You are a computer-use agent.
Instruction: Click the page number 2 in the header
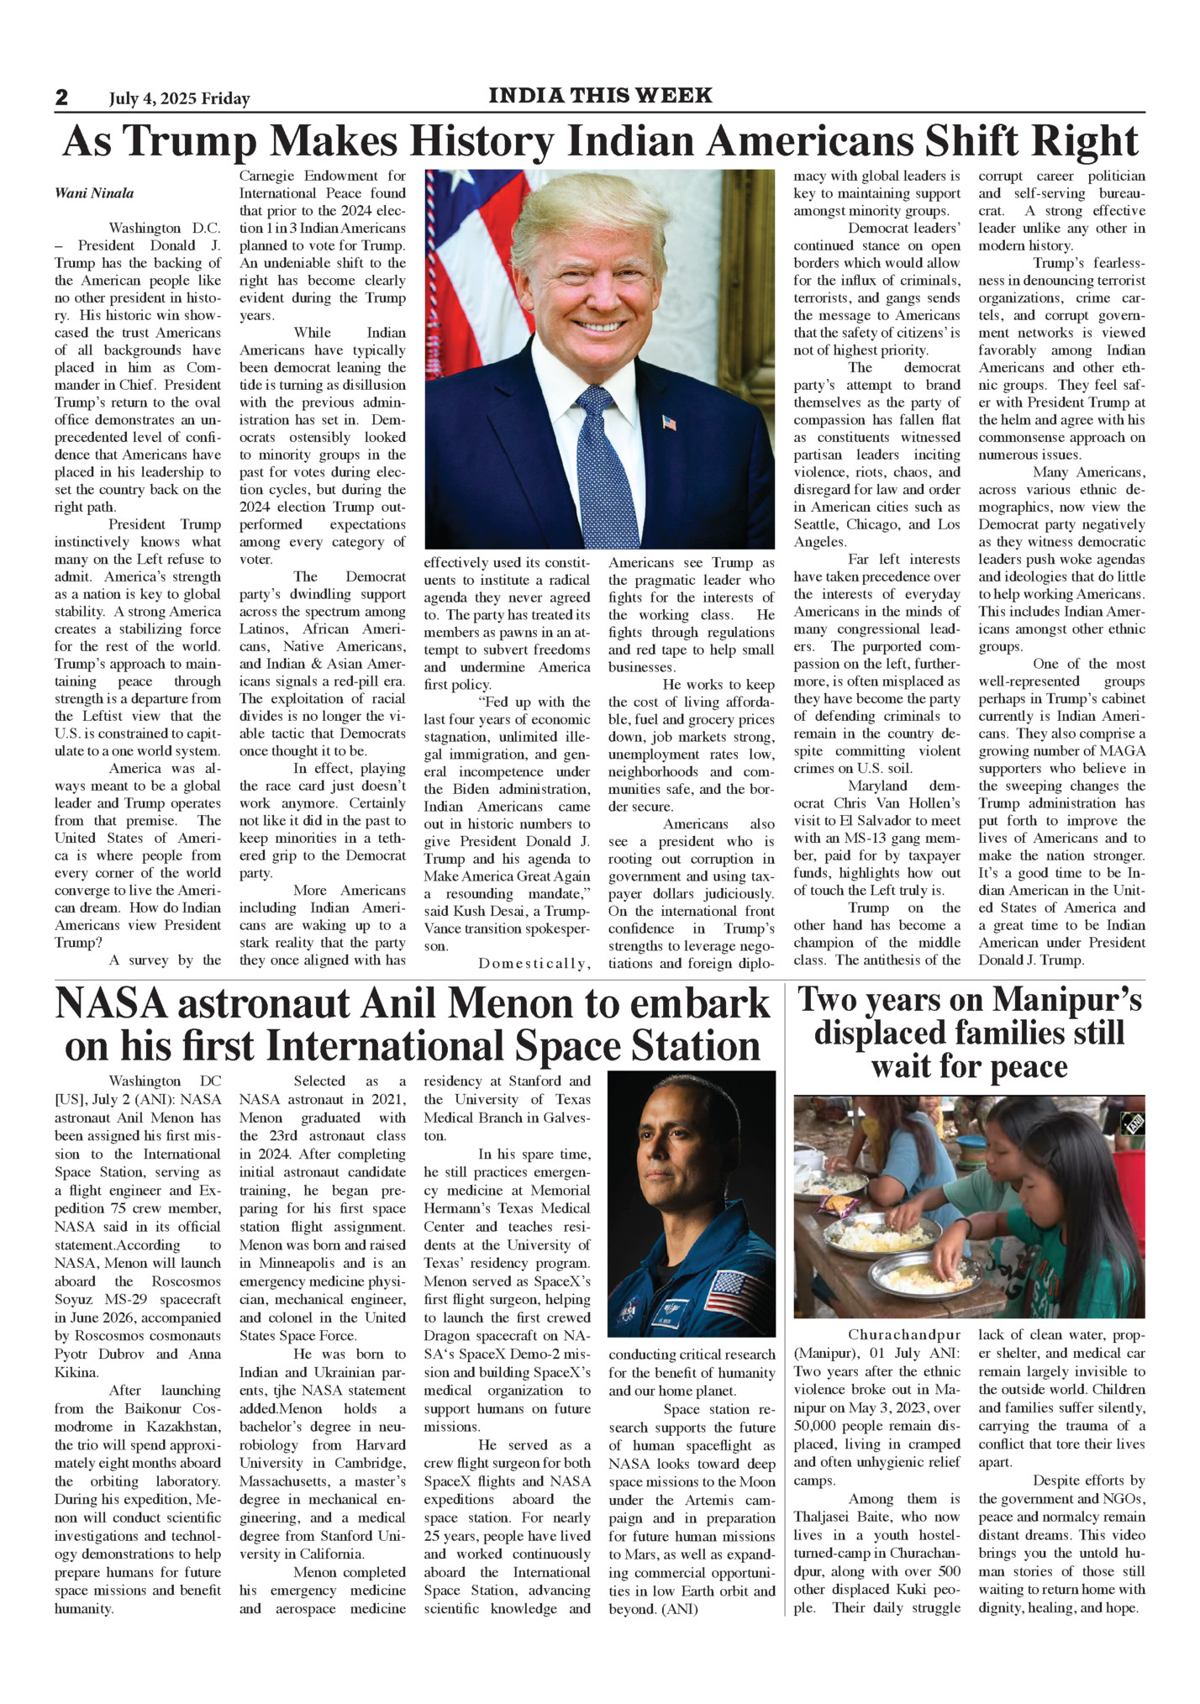61,97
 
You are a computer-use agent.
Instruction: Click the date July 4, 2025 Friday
179,99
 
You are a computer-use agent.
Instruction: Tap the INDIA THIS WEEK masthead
600,96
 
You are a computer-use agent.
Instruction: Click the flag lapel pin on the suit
669,422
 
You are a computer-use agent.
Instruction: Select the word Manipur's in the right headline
1067,1000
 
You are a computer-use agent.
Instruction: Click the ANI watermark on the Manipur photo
1134,1123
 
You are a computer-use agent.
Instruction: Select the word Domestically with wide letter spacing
534,964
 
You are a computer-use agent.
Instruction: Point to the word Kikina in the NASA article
76,1372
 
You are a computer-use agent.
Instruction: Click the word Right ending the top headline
1086,141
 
